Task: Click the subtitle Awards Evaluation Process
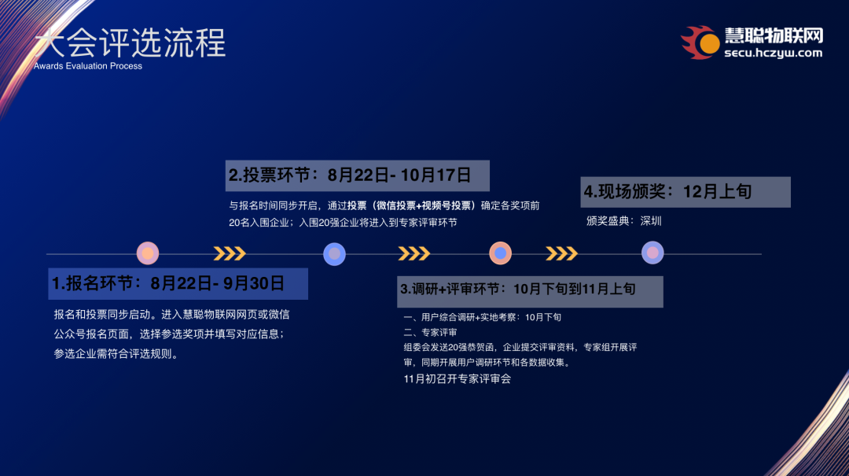tap(88, 66)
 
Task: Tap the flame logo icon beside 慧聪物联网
tap(700, 42)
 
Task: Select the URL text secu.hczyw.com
tap(772, 54)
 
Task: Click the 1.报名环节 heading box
tap(178, 283)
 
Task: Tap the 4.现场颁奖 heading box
tap(685, 192)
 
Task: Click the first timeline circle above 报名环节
tap(148, 253)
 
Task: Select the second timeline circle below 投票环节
tap(335, 253)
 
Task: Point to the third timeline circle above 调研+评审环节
tap(501, 253)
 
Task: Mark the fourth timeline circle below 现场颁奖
tap(652, 253)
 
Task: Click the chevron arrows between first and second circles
tap(230, 253)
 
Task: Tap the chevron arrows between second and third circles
tap(413, 253)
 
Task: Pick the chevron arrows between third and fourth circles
tap(561, 253)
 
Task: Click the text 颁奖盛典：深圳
tap(624, 221)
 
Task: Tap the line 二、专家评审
tap(430, 333)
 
